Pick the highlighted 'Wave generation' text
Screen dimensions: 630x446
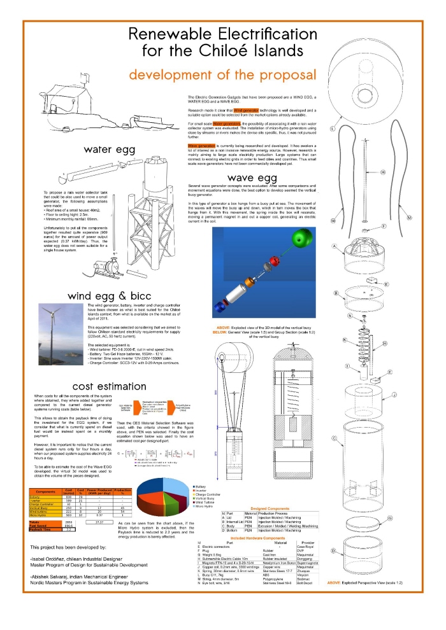point(200,146)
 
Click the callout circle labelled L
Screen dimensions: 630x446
point(333,128)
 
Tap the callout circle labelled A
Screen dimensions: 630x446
point(333,246)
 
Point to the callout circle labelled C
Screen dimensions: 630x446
point(334,438)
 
